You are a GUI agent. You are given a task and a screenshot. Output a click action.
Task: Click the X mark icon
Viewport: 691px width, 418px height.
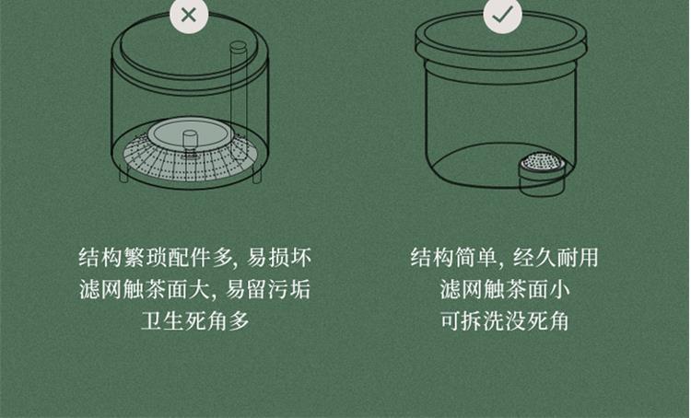pyautogui.click(x=189, y=16)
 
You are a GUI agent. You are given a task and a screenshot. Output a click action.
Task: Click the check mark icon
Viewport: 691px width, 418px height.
pyautogui.click(x=502, y=16)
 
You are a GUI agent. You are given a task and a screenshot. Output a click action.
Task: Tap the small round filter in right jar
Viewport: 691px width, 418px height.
pyautogui.click(x=543, y=173)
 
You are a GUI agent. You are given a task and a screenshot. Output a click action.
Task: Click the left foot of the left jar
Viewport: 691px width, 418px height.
pyautogui.click(x=123, y=173)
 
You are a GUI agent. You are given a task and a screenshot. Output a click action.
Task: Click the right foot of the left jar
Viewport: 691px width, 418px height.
pyautogui.click(x=257, y=175)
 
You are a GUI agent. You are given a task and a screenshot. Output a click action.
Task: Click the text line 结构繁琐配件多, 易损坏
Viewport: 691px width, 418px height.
pyautogui.click(x=194, y=257)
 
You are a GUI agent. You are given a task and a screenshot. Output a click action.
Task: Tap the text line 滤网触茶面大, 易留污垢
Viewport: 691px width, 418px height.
pyautogui.click(x=194, y=289)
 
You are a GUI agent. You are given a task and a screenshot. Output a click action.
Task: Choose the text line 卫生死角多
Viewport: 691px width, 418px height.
pyautogui.click(x=195, y=320)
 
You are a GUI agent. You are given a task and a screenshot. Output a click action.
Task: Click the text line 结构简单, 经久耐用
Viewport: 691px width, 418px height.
pyautogui.click(x=504, y=257)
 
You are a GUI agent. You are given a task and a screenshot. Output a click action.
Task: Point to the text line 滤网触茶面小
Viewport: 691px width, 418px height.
pyautogui.click(x=505, y=289)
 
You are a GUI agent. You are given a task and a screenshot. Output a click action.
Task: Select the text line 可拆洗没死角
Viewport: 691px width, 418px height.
pyautogui.click(x=505, y=320)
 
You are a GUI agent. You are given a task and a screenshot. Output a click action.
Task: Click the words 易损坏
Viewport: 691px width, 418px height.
pyautogui.click(x=279, y=257)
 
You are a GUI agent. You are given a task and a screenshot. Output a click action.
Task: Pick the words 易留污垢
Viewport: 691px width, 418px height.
pyautogui.click(x=268, y=289)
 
